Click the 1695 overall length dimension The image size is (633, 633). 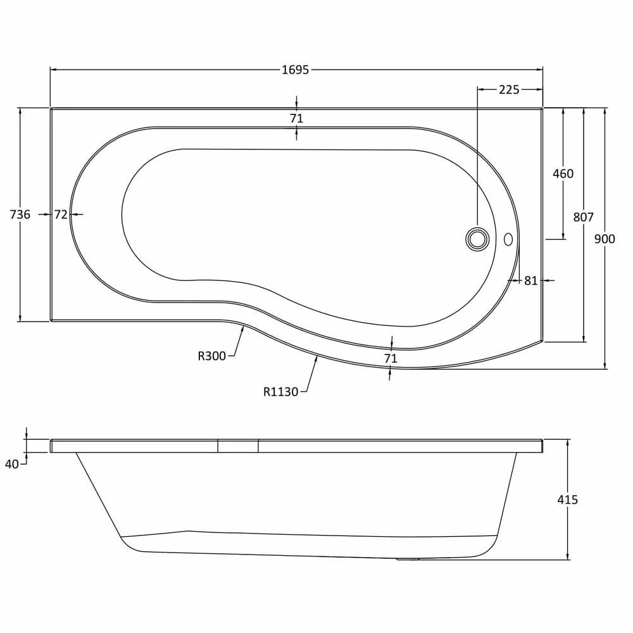(296, 70)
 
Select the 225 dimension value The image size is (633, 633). (509, 90)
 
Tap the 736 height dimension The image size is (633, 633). (20, 215)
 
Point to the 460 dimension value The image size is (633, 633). (563, 173)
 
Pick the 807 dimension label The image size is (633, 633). (583, 217)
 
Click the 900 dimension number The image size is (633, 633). (605, 239)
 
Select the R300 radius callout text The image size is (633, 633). (211, 356)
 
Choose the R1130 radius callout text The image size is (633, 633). (280, 392)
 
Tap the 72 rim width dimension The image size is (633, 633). (60, 215)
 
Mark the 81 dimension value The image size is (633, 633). (530, 280)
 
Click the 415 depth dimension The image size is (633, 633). (568, 499)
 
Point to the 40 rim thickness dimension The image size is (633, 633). (11, 464)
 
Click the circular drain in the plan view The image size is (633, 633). (477, 239)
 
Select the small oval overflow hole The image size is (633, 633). (508, 239)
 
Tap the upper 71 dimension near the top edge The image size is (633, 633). (296, 118)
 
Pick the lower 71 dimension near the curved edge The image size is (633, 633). (391, 358)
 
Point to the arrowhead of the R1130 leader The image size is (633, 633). (316, 358)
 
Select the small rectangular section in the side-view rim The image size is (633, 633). (238, 446)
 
